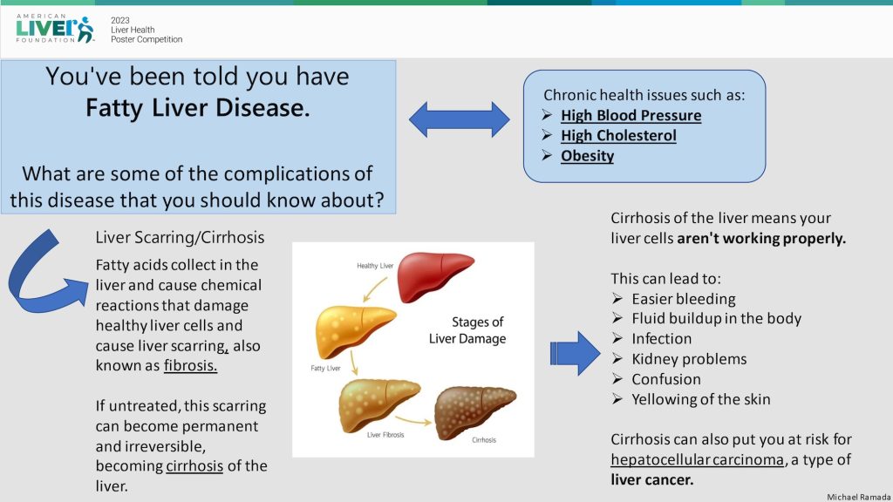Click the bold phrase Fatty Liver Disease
pyautogui.click(x=197, y=110)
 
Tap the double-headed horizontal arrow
pyautogui.click(x=460, y=119)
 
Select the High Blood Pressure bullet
pyautogui.click(x=631, y=115)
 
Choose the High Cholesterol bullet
pyautogui.click(x=618, y=135)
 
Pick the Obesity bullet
pyautogui.click(x=587, y=156)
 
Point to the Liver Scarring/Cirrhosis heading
pyautogui.click(x=180, y=237)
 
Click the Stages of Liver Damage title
pyautogui.click(x=467, y=330)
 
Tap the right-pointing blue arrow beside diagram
pyautogui.click(x=575, y=353)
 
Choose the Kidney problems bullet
pyautogui.click(x=689, y=359)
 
